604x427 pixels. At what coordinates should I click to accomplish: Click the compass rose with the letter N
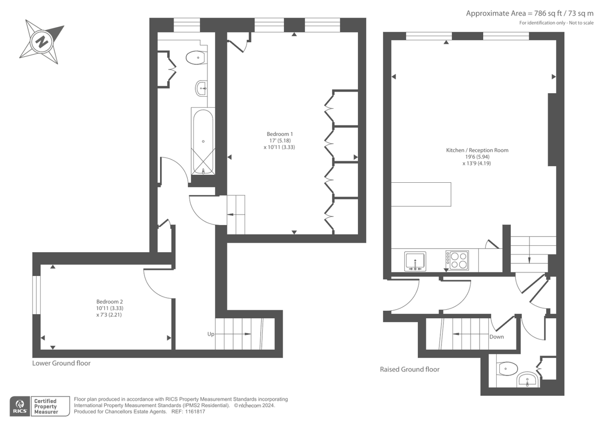click(41, 41)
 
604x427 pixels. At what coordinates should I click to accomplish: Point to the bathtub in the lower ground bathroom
click(202, 141)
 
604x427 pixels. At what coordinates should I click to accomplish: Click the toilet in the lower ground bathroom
click(195, 58)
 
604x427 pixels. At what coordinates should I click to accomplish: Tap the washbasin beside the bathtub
click(201, 89)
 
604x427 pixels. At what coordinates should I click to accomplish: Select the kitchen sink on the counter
click(415, 261)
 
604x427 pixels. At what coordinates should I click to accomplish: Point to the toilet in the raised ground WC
click(506, 370)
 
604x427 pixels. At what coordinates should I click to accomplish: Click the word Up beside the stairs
click(211, 334)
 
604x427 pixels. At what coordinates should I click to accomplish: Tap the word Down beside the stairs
click(496, 337)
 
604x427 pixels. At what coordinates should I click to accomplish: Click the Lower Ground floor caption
click(61, 363)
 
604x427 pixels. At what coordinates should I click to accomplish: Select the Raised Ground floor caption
click(409, 369)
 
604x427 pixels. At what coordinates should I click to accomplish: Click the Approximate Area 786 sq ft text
click(530, 14)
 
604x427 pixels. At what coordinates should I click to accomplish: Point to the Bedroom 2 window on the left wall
click(36, 295)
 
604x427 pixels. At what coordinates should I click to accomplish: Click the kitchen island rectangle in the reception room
click(421, 194)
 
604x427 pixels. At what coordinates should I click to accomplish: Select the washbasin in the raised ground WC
click(527, 380)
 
